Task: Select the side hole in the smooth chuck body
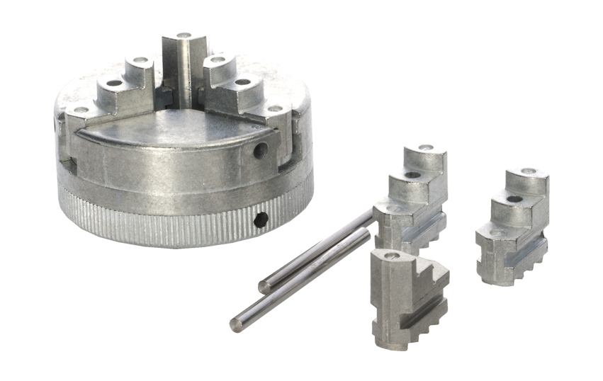(261, 150)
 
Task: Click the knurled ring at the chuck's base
(163, 227)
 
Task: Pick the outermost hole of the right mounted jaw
(274, 109)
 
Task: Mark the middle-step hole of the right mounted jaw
(242, 82)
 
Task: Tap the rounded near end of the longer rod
(236, 324)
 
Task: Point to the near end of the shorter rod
(264, 288)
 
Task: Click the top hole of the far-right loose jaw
(528, 171)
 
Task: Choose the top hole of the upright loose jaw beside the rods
(425, 148)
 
